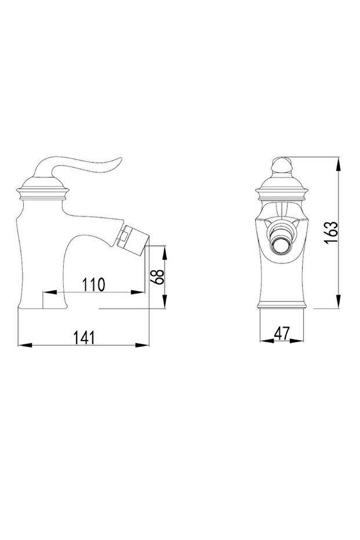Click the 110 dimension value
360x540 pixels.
(x=93, y=285)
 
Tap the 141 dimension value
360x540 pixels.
(x=84, y=338)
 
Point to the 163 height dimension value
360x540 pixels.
(x=331, y=233)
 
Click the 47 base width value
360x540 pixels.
(x=282, y=333)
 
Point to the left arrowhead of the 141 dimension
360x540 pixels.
(x=24, y=345)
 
